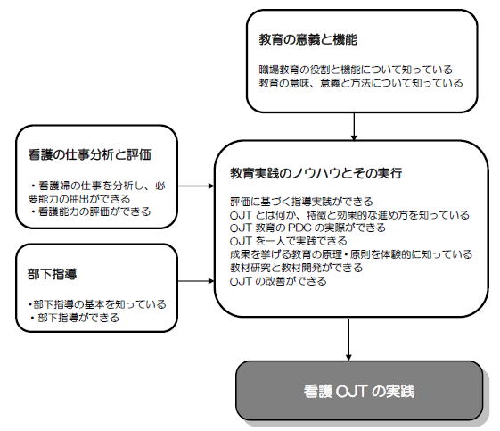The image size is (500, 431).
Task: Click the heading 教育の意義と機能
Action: [307, 39]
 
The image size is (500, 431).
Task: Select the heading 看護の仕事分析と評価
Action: [90, 154]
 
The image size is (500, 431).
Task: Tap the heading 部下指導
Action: [52, 274]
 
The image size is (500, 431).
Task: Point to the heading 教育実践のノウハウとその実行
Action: [316, 173]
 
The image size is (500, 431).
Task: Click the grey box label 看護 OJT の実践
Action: [359, 391]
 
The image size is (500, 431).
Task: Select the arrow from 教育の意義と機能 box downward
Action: [354, 127]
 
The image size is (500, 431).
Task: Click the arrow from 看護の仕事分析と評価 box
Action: [196, 186]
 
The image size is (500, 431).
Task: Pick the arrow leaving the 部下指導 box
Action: [196, 281]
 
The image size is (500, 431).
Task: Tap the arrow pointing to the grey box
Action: [348, 340]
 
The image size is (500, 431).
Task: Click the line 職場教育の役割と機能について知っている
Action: [356, 70]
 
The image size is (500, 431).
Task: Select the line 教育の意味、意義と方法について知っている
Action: [361, 83]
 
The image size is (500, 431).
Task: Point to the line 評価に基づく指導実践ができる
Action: [301, 202]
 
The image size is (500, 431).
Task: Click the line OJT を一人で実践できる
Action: [288, 241]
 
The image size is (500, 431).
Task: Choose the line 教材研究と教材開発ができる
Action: [297, 268]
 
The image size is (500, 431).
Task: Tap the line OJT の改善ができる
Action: [278, 281]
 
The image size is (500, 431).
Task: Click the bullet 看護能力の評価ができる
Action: [91, 211]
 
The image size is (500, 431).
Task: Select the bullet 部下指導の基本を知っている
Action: [97, 304]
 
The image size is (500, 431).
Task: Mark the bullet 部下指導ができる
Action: [75, 318]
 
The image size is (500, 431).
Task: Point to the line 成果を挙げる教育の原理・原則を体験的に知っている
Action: [351, 254]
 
